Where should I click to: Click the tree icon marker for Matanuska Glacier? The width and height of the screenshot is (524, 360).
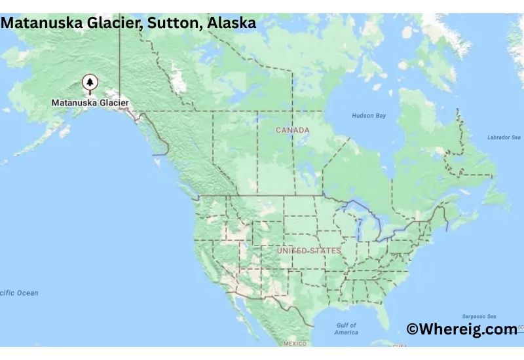(x=90, y=83)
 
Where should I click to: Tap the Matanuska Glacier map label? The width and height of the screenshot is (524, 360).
(x=90, y=103)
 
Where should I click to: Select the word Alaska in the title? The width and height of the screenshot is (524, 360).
(x=232, y=23)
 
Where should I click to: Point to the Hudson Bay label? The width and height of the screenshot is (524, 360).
(x=369, y=116)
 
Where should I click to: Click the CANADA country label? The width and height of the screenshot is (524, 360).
(x=293, y=130)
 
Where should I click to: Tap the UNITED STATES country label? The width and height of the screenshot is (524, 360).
(x=309, y=251)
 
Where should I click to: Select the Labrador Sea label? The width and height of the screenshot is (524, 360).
(x=504, y=137)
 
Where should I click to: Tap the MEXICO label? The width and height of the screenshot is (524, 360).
(x=295, y=343)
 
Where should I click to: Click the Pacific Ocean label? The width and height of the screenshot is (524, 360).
(x=19, y=293)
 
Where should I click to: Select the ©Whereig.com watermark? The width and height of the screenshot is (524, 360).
(x=462, y=329)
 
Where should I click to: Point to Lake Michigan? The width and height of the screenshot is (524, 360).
(x=358, y=226)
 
